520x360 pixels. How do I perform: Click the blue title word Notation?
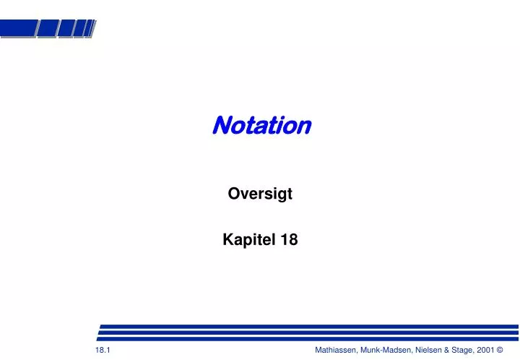coord(261,126)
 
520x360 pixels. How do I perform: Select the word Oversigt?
coord(260,194)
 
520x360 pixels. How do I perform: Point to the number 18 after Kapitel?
coord(290,241)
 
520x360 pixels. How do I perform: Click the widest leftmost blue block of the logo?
coord(17,28)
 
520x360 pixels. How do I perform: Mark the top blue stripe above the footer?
coord(308,326)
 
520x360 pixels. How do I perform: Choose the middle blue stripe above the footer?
coord(308,332)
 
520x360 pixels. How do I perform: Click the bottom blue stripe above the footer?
coord(308,338)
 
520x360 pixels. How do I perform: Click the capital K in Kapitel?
coord(227,241)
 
